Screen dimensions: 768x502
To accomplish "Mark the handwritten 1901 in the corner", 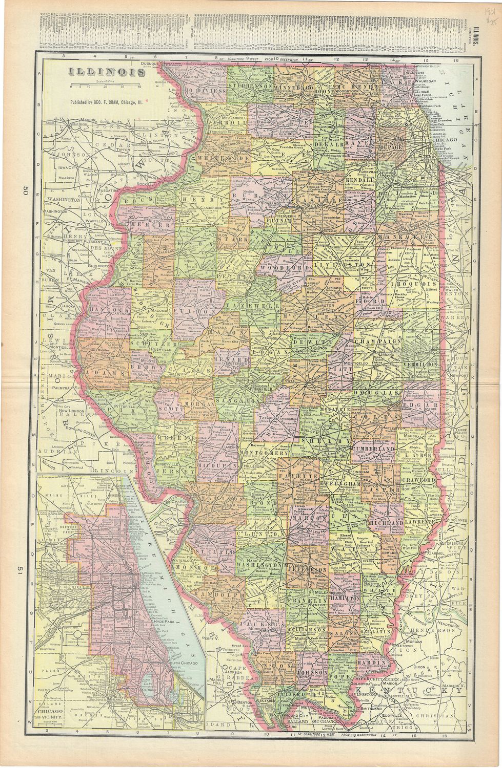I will click(485, 11).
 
